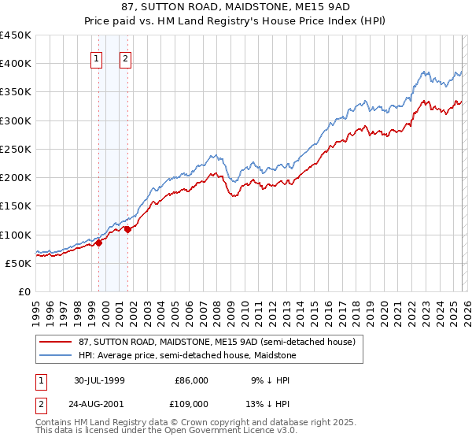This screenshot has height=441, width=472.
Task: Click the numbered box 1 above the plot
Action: coord(96,57)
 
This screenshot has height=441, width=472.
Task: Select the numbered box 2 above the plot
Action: coord(125,57)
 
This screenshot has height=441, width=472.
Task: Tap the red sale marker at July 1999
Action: coord(99,243)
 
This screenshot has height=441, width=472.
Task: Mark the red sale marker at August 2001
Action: coord(127,229)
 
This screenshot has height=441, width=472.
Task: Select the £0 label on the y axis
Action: coord(24,291)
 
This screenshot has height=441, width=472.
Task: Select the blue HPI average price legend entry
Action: coord(186,355)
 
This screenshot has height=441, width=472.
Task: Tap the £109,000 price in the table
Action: coord(191,403)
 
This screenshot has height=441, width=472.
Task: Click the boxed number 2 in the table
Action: coord(39,403)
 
